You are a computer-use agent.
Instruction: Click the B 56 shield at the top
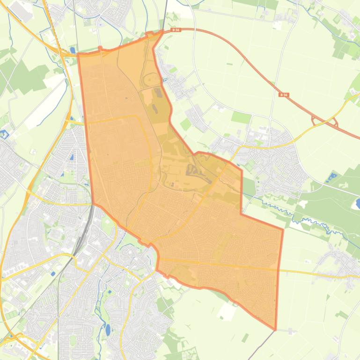click(176, 30)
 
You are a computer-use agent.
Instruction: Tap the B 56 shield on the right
click(283, 94)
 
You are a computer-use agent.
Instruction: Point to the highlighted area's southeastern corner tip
click(275, 329)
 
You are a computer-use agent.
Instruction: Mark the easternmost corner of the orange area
click(283, 230)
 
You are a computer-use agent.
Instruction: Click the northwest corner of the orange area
click(78, 54)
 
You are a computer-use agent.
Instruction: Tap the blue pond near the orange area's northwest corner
click(72, 50)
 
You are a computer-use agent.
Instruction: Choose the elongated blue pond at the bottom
click(108, 330)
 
